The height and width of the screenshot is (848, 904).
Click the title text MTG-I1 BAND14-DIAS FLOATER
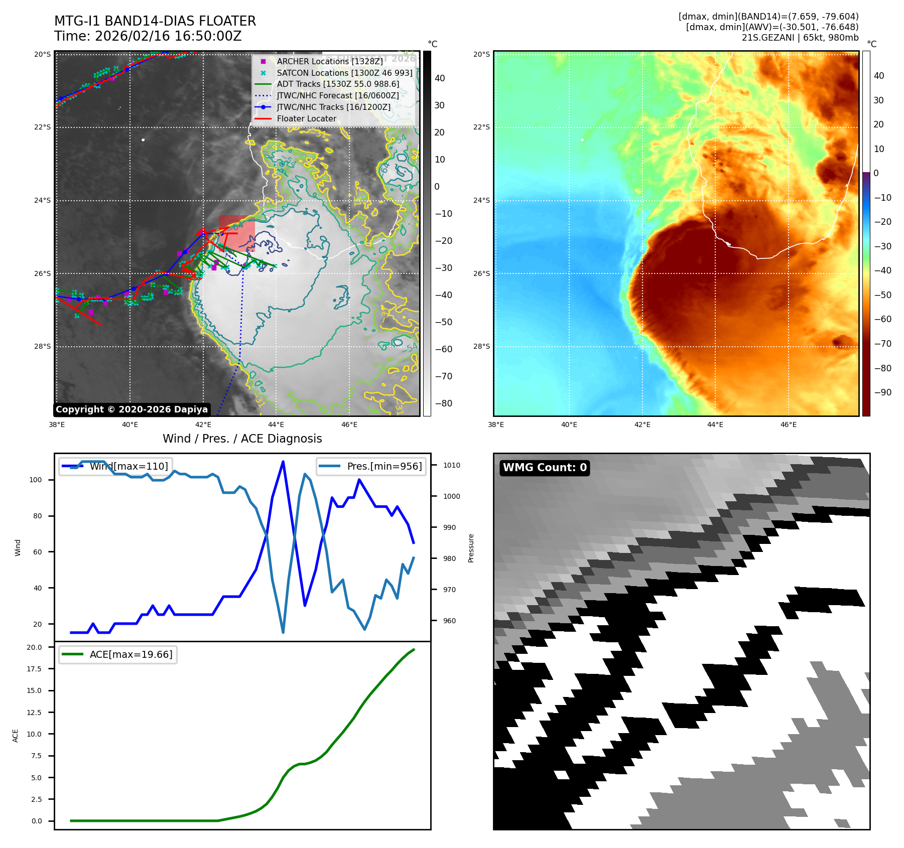(155, 21)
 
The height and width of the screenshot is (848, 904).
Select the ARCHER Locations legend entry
(329, 61)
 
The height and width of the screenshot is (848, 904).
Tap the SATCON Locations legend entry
(344, 73)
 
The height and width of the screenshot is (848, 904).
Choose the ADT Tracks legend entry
(338, 84)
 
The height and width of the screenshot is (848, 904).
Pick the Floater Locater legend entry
(306, 119)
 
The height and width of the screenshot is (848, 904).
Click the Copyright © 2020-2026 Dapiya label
(132, 409)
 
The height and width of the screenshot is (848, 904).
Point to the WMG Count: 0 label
(545, 468)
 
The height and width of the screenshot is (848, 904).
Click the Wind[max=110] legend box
(115, 466)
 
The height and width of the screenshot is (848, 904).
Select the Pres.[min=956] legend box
(371, 466)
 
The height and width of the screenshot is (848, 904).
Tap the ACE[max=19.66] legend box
(118, 654)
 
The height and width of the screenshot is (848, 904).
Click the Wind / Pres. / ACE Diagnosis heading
(242, 439)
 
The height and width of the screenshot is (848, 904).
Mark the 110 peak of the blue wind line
(283, 462)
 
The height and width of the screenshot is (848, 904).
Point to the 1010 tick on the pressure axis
(451, 465)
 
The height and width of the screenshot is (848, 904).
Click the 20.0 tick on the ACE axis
(35, 647)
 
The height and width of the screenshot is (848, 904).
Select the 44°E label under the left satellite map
(276, 425)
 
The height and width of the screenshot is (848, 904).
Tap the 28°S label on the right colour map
(481, 347)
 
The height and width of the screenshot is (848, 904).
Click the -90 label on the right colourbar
(882, 392)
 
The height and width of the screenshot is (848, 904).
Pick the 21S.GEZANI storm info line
(800, 38)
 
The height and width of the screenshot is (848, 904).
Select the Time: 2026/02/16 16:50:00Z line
(148, 37)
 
